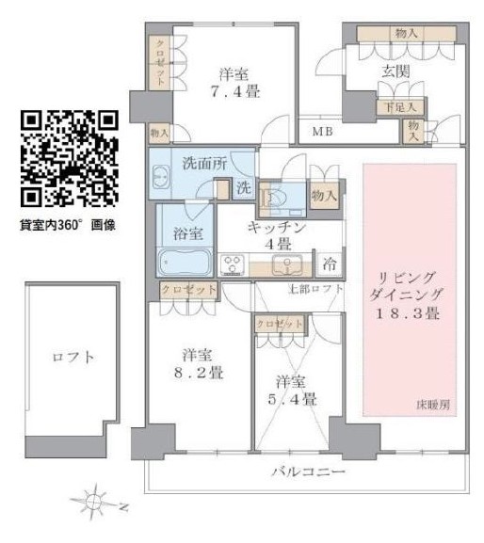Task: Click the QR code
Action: [69, 159]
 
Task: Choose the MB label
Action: [323, 131]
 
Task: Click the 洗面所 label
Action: [205, 163]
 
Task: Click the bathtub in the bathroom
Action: [185, 260]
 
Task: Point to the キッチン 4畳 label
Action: [279, 236]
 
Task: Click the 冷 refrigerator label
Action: [331, 263]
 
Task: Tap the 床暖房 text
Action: [433, 405]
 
